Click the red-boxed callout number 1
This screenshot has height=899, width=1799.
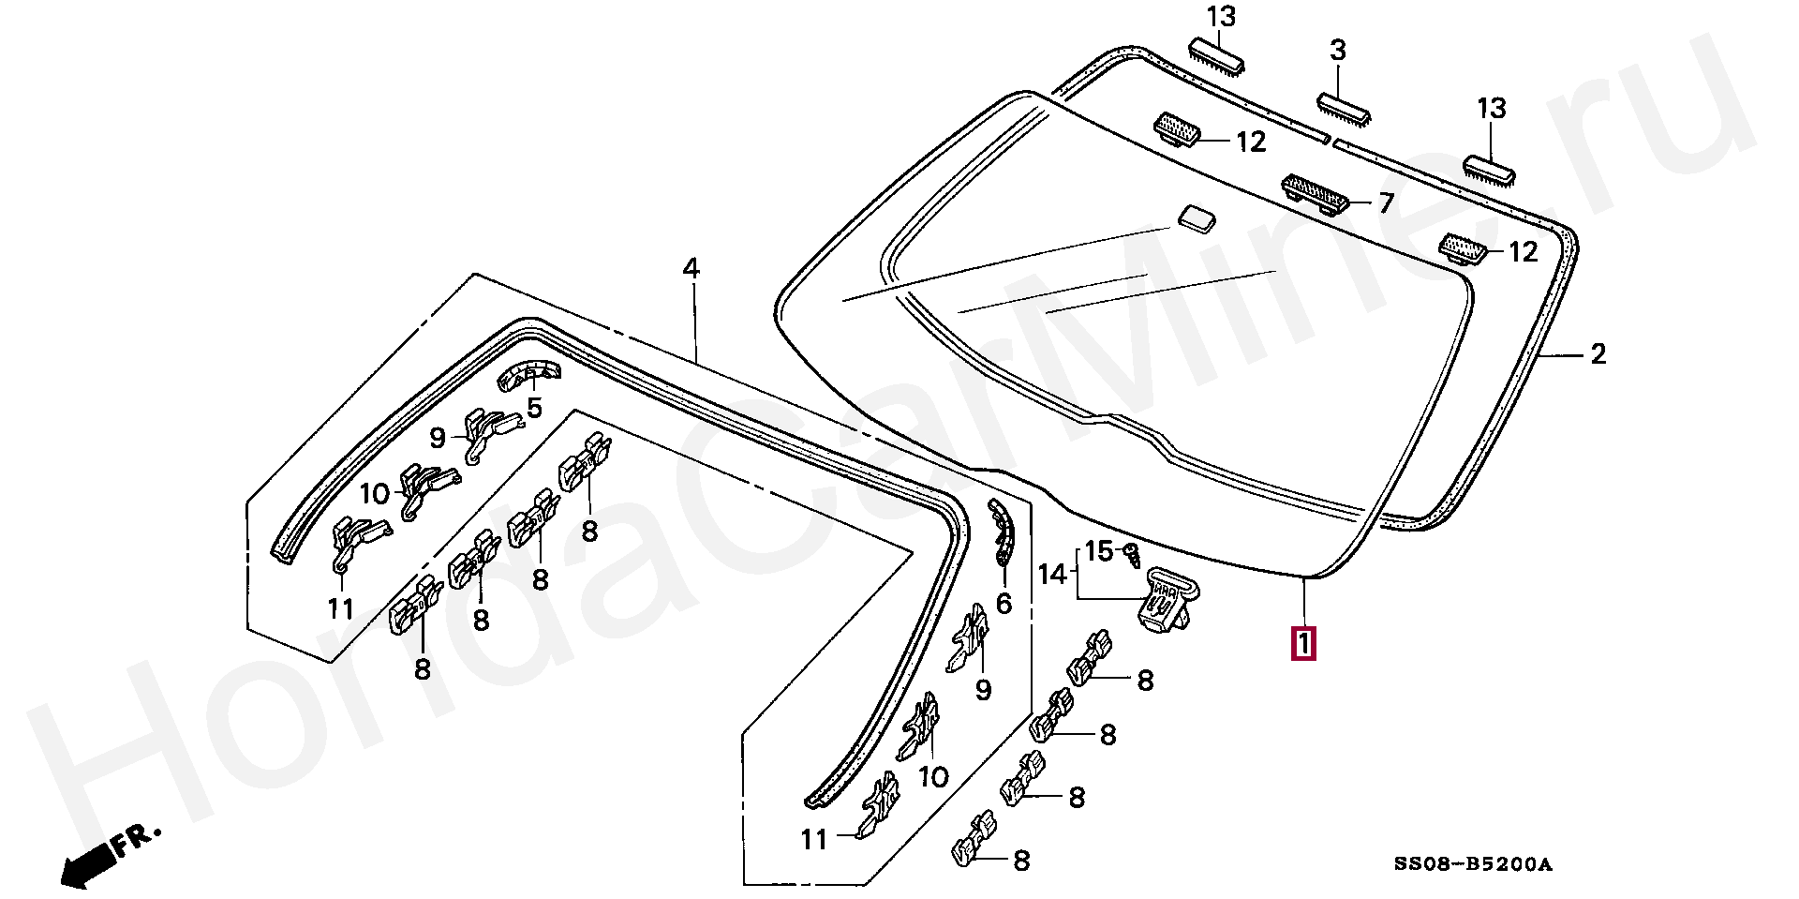pos(1302,645)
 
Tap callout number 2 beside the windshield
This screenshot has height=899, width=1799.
pos(1598,354)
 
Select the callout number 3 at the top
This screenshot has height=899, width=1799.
pos(1338,51)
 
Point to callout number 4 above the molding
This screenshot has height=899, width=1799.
pos(691,269)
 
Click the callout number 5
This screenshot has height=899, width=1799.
pos(534,408)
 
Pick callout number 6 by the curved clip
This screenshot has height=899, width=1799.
pos(1004,604)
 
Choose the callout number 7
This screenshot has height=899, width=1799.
pos(1385,202)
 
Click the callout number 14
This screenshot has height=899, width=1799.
pos(1052,573)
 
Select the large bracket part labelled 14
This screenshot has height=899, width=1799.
pos(1167,600)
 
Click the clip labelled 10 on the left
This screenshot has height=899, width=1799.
pos(425,487)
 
